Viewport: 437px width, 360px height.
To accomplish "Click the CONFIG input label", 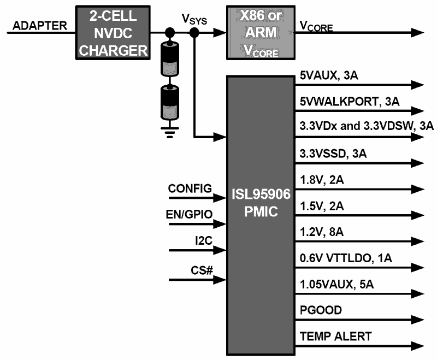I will pyautogui.click(x=190, y=189).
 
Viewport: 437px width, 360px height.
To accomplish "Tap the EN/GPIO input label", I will pyautogui.click(x=190, y=213).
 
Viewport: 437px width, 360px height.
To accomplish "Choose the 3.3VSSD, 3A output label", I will pyautogui.click(x=333, y=154).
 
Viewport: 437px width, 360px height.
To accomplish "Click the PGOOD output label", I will pyautogui.click(x=321, y=310).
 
